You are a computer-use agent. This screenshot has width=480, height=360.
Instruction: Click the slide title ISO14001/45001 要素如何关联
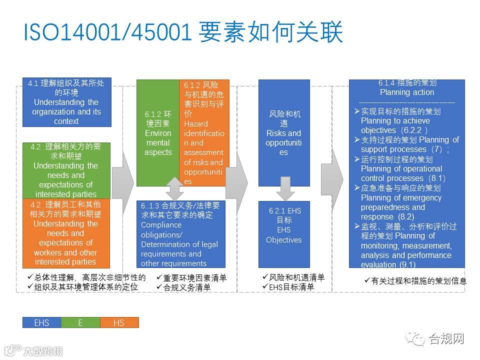183,32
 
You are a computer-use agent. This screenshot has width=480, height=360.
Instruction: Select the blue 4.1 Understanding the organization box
66,102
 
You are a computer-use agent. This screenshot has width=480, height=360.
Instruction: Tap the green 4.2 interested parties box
66,170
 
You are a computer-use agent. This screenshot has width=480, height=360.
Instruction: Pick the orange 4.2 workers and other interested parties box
66,233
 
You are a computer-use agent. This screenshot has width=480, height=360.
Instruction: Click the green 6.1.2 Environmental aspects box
157,132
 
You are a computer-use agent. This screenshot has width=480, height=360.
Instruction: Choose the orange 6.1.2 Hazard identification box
204,132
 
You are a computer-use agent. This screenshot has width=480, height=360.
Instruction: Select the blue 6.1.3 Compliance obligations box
180,234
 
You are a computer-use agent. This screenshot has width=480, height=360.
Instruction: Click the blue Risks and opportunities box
283,133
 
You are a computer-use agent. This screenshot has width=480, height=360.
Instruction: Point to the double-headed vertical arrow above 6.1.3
174,188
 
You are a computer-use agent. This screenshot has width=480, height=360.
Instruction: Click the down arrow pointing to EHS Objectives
283,188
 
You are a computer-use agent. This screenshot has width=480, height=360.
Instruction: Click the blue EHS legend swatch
41,322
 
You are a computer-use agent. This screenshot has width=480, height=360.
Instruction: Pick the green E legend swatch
80,322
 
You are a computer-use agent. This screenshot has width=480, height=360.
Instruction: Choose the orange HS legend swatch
118,322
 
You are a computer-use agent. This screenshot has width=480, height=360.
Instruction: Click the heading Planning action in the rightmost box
406,92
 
